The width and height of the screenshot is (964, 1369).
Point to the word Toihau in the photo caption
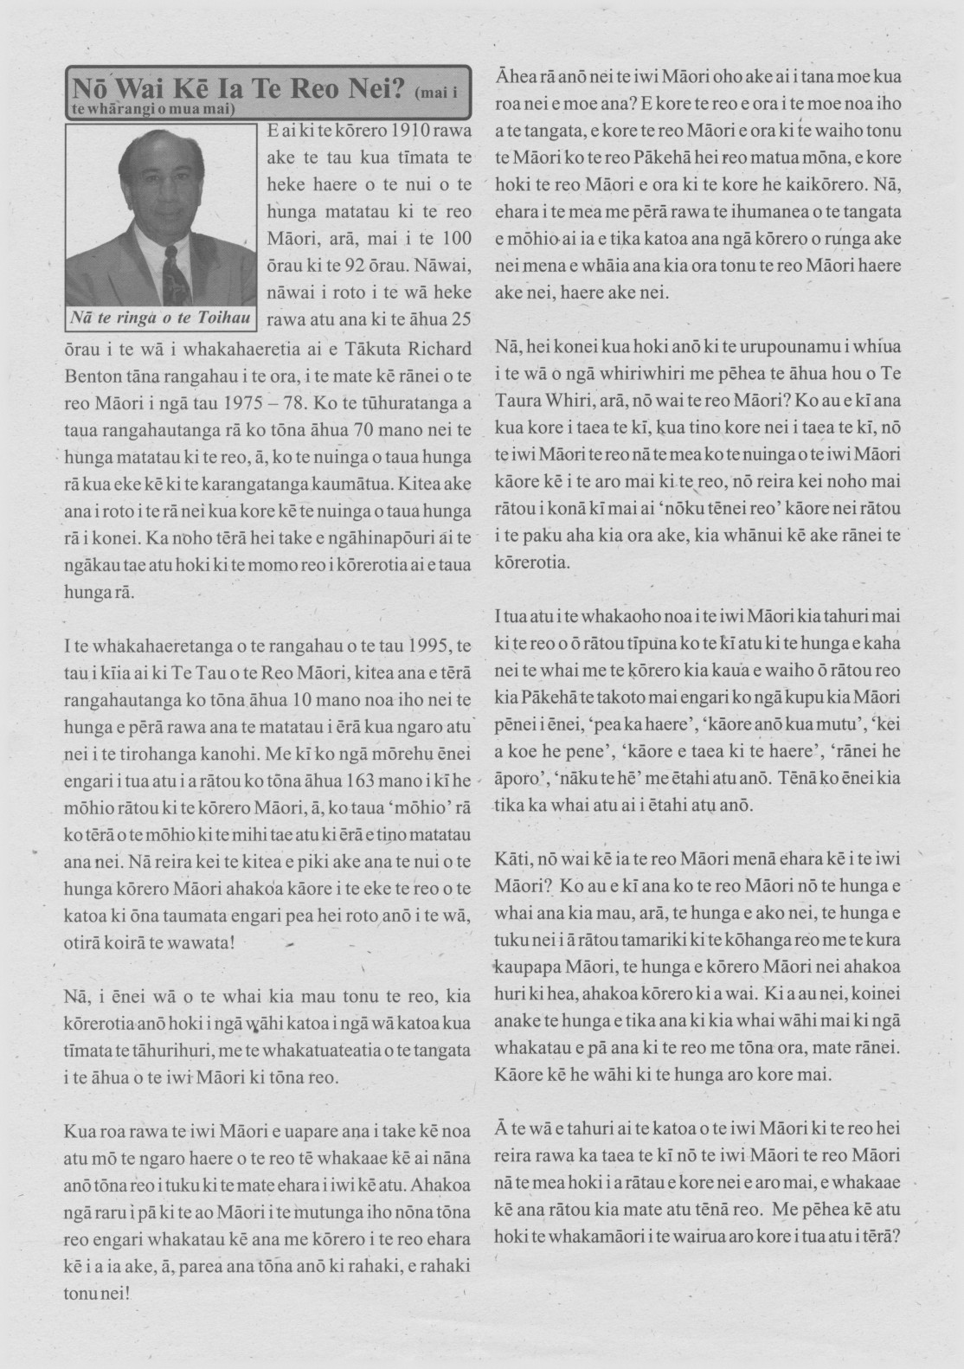pos(224,318)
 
